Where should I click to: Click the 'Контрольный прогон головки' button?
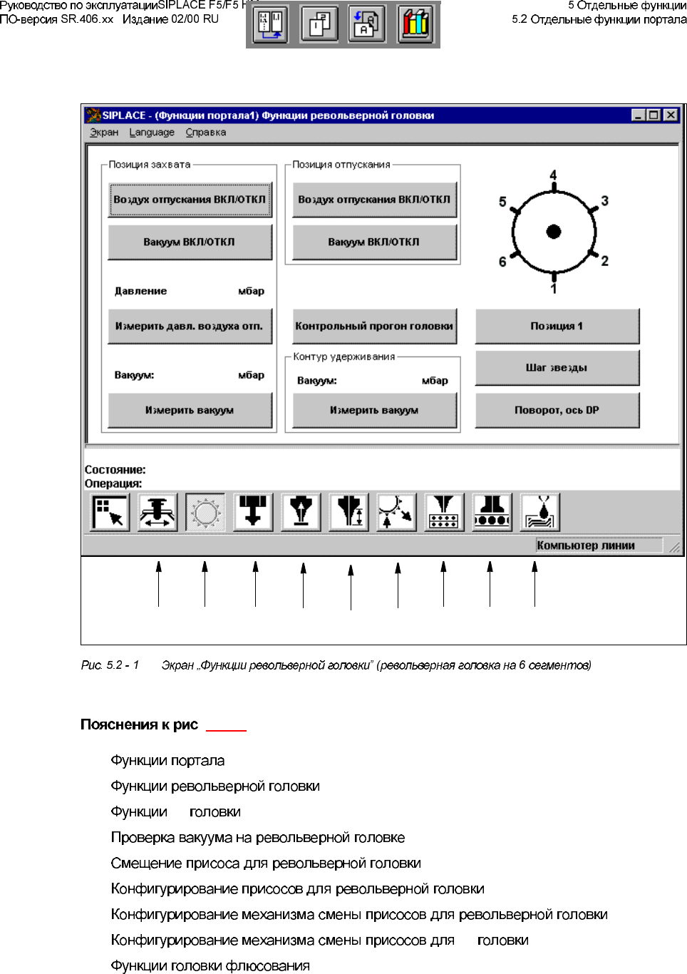tap(374, 327)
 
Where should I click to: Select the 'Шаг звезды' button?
tap(557, 368)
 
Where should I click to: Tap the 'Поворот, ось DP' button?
tap(557, 410)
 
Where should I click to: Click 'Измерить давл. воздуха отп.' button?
tap(190, 327)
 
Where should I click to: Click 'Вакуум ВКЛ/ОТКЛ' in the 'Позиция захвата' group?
tap(190, 242)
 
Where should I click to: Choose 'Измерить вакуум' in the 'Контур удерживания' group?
tap(374, 410)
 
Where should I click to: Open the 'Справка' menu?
tap(206, 133)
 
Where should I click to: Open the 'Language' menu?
tap(152, 133)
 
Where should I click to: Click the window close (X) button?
tap(671, 116)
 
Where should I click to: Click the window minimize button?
tap(639, 116)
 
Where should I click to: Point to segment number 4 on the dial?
tap(554, 175)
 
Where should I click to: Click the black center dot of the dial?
tap(554, 231)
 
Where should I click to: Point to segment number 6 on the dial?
tap(502, 262)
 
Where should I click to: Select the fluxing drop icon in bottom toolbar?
tap(540, 513)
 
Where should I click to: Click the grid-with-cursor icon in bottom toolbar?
tap(110, 513)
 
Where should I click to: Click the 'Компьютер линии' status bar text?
tap(586, 545)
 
